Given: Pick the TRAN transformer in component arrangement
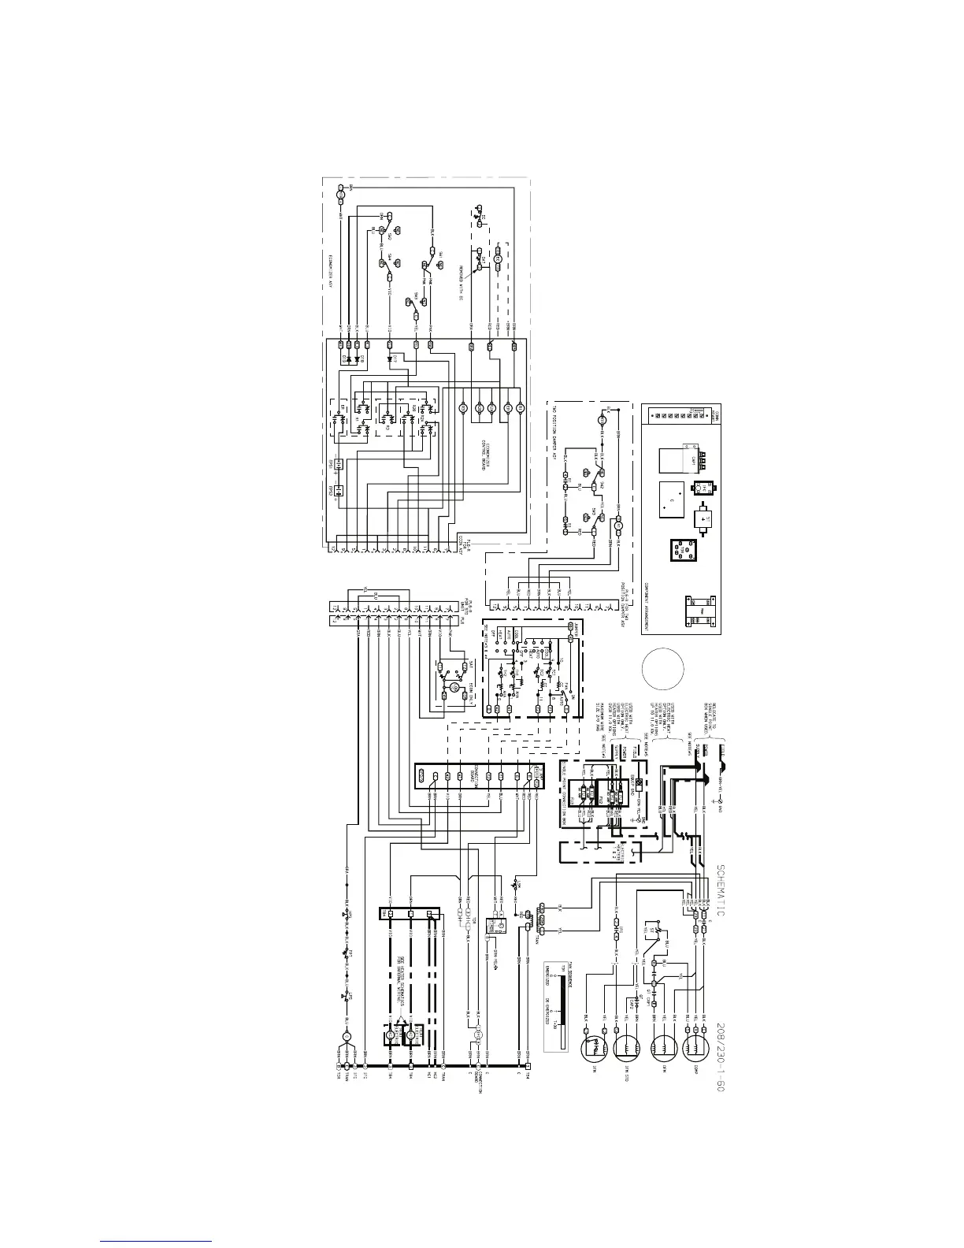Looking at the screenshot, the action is [x=698, y=614].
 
